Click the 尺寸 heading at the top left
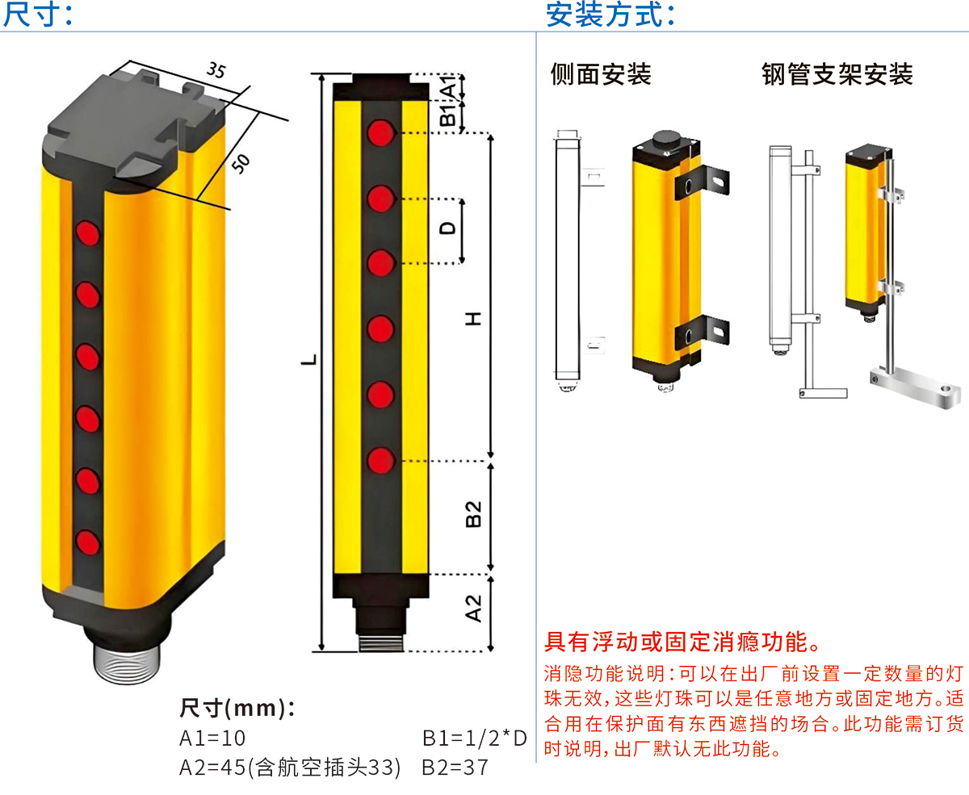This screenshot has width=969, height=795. click(x=38, y=14)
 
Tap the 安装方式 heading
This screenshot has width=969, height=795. click(x=610, y=14)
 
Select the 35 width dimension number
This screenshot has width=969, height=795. click(x=216, y=69)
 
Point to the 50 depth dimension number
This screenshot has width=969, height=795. click(x=241, y=164)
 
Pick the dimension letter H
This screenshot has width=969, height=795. click(x=473, y=318)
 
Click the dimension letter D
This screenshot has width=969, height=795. click(x=447, y=228)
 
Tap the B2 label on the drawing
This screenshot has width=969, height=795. click(x=473, y=514)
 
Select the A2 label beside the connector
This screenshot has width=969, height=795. click(x=473, y=609)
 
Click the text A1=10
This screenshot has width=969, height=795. click(x=212, y=738)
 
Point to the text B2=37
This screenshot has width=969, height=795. click(x=455, y=768)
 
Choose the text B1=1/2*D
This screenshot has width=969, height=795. click(x=474, y=738)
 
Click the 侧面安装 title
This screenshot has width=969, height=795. click(x=601, y=74)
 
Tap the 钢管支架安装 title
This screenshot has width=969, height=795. click(x=837, y=74)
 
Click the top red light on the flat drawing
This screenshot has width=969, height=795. click(x=381, y=132)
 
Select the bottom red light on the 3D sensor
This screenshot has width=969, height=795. click(x=87, y=542)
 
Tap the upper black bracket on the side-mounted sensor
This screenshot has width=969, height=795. click(x=702, y=182)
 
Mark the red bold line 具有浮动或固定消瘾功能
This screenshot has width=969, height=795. click(x=683, y=642)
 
